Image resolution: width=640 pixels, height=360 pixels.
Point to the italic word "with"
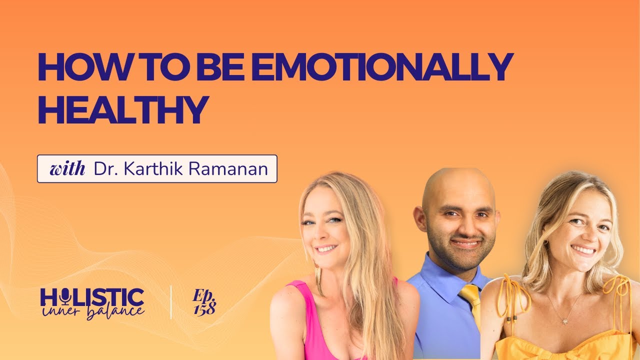(67, 169)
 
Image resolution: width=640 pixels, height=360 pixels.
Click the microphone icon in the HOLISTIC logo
(64, 298)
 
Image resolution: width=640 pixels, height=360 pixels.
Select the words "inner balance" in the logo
(93, 311)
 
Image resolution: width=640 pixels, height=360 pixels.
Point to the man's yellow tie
(471, 300)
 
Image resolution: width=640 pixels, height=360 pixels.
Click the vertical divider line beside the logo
(170, 302)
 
